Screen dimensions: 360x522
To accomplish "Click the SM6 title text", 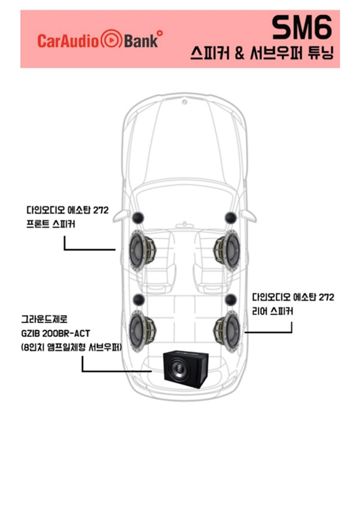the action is [302, 27].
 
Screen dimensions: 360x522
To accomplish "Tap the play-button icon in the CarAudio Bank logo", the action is [111, 39].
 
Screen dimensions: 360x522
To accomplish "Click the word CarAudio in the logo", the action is [68, 41].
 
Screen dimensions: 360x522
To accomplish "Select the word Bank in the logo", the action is [141, 40].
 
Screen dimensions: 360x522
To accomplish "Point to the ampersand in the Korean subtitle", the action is [240, 53].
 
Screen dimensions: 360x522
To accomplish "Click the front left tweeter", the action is [138, 218].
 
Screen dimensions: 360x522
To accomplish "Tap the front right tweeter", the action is [230, 218].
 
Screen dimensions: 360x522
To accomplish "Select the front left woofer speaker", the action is [142, 251].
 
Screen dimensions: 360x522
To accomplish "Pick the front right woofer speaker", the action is [226, 251].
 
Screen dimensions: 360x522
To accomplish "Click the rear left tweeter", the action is [139, 300].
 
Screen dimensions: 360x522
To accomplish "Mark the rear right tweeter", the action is [231, 300].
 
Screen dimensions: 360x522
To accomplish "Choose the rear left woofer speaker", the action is [142, 331].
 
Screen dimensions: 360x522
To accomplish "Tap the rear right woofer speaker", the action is [226, 331].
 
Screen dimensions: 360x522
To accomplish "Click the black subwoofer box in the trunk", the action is [185, 370].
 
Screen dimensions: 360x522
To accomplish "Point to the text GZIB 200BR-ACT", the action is [56, 333].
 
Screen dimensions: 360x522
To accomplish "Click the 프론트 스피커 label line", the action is [50, 224].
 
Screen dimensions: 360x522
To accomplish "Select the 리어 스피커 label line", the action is [272, 311].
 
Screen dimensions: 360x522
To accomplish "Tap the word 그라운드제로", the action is [45, 319].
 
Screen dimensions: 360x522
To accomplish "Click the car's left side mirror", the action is [121, 216].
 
